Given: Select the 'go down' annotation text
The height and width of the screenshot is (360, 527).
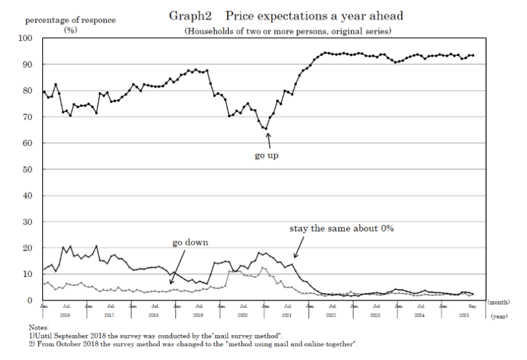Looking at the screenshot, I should (190, 242).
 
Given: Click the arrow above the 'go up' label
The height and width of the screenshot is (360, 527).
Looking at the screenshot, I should (268, 140).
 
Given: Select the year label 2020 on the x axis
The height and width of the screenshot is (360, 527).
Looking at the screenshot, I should (242, 316).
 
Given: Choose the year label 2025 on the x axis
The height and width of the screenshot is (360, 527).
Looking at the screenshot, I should (464, 316).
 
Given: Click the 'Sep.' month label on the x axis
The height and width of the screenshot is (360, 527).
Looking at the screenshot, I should (472, 307).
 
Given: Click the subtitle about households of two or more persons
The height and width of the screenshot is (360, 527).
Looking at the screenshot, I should (288, 31).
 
